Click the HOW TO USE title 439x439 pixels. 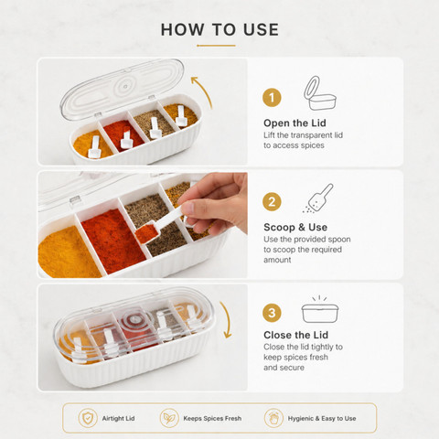219,29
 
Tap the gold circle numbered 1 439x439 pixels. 272,98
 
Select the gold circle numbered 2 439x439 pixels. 272,202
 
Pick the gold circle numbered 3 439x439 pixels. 272,313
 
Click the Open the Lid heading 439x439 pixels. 294,123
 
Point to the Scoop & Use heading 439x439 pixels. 295,227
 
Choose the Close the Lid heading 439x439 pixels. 295,335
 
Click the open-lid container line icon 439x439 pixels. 320,93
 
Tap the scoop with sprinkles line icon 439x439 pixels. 318,198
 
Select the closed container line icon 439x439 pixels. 320,309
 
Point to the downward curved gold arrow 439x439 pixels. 226,320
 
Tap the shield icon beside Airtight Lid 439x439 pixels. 88,418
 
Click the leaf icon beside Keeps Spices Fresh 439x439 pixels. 169,418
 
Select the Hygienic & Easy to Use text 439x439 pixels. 322,419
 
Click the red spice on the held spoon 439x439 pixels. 145,233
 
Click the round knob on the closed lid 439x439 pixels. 134,319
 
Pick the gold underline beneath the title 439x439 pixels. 216,46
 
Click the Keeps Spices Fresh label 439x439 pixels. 212,419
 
